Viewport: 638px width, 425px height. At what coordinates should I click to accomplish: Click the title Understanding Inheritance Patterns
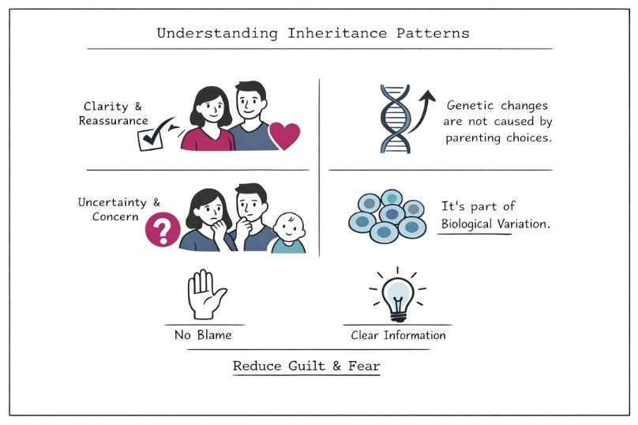point(313,33)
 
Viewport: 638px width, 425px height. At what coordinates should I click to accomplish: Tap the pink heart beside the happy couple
point(284,136)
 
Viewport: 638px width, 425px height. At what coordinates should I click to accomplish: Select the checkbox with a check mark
point(150,139)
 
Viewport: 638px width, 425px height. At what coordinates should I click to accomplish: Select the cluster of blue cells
point(388,216)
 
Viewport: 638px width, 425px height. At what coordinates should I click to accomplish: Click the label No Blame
point(203,335)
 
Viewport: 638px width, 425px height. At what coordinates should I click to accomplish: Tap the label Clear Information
point(398,335)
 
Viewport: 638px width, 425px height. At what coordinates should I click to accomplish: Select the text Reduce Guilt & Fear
point(306,367)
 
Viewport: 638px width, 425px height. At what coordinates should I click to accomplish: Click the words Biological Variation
point(494,224)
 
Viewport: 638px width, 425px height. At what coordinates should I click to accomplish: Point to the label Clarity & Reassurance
point(116,114)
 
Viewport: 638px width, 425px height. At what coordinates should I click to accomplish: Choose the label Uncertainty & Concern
point(113,210)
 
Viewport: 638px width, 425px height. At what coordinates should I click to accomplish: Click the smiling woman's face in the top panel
point(212,103)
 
